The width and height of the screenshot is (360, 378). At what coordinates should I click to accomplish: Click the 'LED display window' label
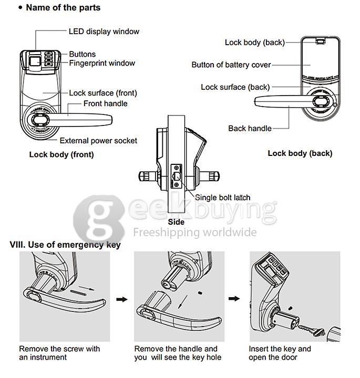pyautogui.click(x=104, y=31)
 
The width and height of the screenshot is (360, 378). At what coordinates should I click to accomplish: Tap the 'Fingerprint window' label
pyautogui.click(x=102, y=64)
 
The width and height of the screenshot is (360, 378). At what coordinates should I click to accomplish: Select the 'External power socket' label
pyautogui.click(x=98, y=141)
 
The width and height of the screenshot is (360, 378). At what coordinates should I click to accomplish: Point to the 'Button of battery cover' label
pyautogui.click(x=231, y=65)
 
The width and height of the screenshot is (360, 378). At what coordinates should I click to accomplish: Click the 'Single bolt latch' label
pyautogui.click(x=222, y=198)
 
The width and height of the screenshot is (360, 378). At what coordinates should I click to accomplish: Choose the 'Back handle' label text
pyautogui.click(x=250, y=128)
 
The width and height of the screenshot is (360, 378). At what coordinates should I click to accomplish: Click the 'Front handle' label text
pyautogui.click(x=105, y=103)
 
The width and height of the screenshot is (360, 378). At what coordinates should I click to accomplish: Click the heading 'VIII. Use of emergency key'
pyautogui.click(x=65, y=245)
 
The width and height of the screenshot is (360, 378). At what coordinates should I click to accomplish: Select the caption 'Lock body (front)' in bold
pyautogui.click(x=61, y=154)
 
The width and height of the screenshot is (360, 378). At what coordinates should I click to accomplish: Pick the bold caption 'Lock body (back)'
pyautogui.click(x=300, y=153)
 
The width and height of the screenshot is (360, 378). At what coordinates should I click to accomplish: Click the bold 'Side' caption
pyautogui.click(x=176, y=222)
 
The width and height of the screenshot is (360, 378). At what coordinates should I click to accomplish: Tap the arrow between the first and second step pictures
pyautogui.click(x=121, y=299)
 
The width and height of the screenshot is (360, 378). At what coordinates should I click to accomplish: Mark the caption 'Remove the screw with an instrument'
pyautogui.click(x=59, y=353)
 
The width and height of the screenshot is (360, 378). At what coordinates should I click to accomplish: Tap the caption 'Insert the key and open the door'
pyautogui.click(x=280, y=353)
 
